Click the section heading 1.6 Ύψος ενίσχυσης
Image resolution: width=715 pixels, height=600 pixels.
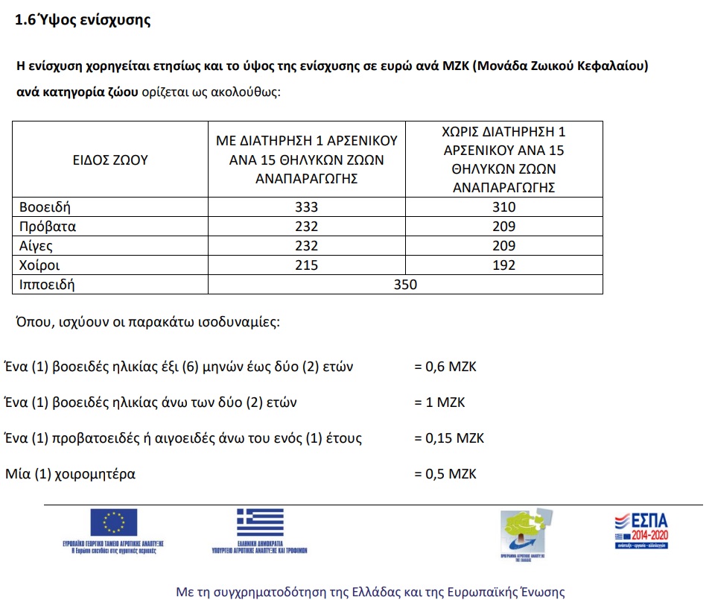coord(83,21)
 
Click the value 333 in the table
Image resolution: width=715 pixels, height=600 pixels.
coord(306,207)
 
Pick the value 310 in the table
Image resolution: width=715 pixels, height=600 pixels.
coord(503,207)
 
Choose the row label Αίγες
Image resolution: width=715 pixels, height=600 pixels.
coord(37,246)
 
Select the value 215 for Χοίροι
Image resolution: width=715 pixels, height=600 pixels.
coord(306,265)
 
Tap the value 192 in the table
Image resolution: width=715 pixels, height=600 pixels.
coord(503,265)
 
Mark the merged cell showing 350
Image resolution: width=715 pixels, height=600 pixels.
coord(405,285)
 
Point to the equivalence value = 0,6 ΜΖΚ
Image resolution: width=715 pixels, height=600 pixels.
coord(445,367)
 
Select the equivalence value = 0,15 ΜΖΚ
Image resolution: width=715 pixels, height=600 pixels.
coord(448,438)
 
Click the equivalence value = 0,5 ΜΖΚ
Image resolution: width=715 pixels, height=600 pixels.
coord(445,474)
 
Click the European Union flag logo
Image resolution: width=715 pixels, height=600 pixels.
coord(113,522)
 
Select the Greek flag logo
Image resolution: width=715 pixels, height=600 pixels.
coord(260,522)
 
